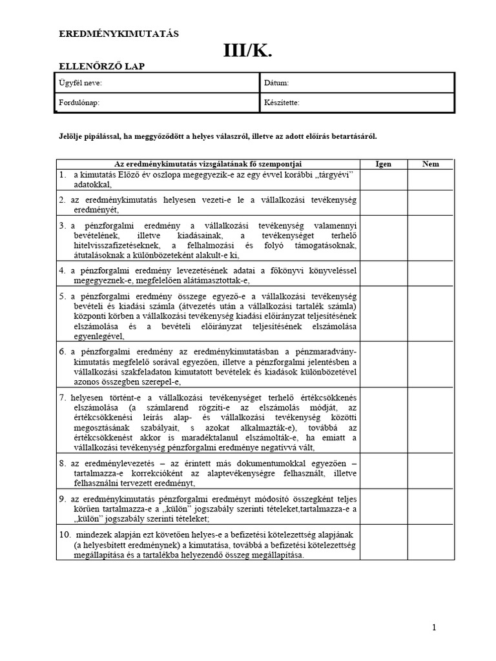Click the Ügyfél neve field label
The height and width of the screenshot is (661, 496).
point(81,83)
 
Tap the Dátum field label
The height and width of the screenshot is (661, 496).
point(276,83)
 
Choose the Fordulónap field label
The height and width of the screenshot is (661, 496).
point(79,103)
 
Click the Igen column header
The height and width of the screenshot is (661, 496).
point(383,164)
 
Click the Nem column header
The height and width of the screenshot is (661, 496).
point(431,164)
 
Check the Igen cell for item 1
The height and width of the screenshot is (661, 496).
point(383,179)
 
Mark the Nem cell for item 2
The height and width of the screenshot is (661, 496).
point(431,204)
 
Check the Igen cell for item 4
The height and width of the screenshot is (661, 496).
point(383,275)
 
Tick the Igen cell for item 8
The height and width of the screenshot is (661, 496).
point(383,473)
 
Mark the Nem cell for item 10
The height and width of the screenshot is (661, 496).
point(431,545)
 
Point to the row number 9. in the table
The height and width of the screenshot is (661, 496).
point(63,498)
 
